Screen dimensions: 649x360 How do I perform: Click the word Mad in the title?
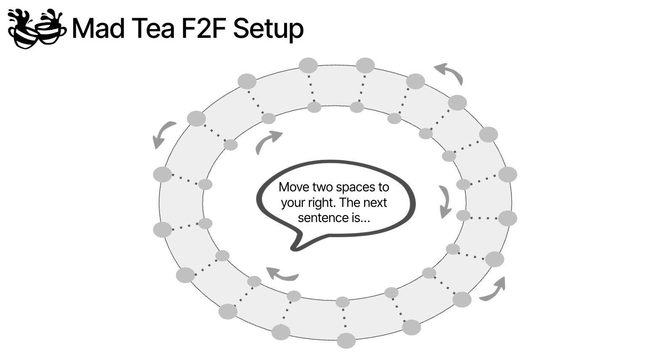click(98, 28)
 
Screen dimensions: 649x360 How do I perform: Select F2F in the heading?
click(204, 28)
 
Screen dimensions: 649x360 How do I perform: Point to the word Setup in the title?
click(269, 29)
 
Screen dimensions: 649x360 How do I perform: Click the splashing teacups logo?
click(37, 28)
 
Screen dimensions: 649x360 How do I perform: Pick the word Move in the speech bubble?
click(294, 187)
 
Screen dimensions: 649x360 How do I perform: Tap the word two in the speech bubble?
click(322, 188)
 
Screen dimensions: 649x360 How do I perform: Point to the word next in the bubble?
click(375, 203)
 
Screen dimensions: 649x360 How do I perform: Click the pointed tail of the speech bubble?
click(293, 249)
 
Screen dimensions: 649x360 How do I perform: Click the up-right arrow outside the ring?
click(494, 290)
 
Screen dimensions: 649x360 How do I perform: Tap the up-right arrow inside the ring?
click(266, 141)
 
